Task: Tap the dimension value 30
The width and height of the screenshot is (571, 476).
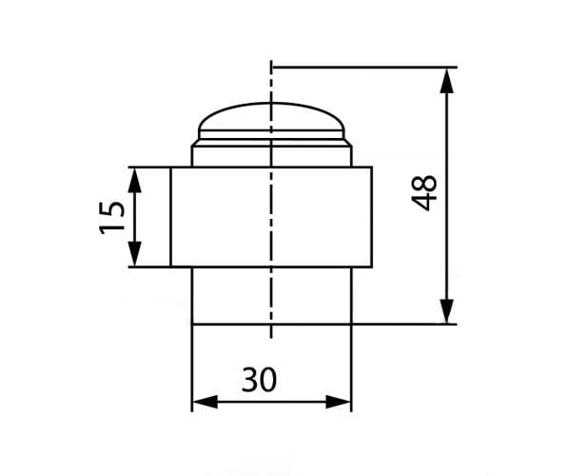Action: [x=258, y=380]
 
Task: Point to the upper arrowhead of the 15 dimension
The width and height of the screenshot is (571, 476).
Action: [x=135, y=178]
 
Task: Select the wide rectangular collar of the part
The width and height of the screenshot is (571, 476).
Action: [x=271, y=217]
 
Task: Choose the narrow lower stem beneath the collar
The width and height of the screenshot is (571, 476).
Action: [x=271, y=295]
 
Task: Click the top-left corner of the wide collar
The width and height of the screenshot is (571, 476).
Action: [x=171, y=168]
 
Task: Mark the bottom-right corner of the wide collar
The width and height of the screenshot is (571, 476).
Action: [x=372, y=267]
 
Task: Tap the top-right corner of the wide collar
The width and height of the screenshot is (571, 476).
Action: [x=372, y=168]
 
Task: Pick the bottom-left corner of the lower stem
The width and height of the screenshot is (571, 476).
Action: [x=192, y=324]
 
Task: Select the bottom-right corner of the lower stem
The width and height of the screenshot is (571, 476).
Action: [x=351, y=324]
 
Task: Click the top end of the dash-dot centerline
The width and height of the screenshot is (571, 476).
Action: [x=271, y=63]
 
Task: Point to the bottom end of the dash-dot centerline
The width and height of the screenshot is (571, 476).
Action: [x=271, y=339]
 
